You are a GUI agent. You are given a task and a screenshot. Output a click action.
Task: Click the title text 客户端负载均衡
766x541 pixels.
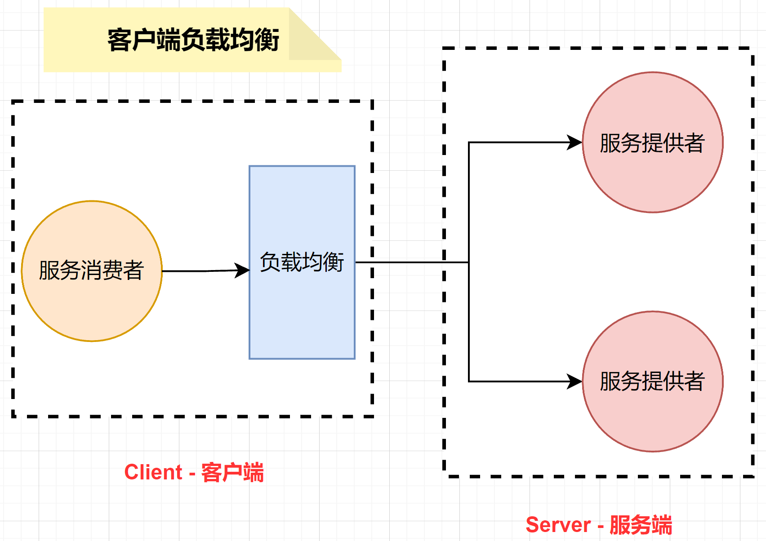point(193,40)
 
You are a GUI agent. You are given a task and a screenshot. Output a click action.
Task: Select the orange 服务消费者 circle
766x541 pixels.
point(92,306)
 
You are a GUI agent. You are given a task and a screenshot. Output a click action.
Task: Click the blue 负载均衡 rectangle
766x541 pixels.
point(302,315)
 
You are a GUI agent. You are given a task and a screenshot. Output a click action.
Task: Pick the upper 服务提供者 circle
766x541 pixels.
point(653,180)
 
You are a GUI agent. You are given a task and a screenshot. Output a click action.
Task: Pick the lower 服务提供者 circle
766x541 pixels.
point(653,418)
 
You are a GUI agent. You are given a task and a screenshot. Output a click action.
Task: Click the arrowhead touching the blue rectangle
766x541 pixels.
point(243,270)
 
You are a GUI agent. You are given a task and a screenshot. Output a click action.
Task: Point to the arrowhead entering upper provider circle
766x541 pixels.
point(574,142)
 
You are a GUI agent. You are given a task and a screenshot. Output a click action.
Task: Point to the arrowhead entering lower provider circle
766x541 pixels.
point(574,381)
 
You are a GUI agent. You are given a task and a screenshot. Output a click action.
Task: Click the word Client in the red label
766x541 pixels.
point(153,472)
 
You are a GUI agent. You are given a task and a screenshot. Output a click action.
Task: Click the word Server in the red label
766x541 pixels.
point(558,525)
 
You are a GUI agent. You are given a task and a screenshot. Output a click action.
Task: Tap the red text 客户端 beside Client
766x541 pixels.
point(232,472)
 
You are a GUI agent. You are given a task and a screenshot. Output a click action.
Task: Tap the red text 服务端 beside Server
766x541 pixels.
point(641,525)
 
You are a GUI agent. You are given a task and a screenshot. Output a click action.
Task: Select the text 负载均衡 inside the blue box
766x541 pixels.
point(302,262)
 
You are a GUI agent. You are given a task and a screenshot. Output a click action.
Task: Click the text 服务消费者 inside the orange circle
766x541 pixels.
point(91,270)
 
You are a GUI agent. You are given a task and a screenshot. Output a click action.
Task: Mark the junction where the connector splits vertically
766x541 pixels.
point(469,262)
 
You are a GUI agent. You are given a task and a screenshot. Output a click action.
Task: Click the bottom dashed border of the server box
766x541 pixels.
point(598,476)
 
